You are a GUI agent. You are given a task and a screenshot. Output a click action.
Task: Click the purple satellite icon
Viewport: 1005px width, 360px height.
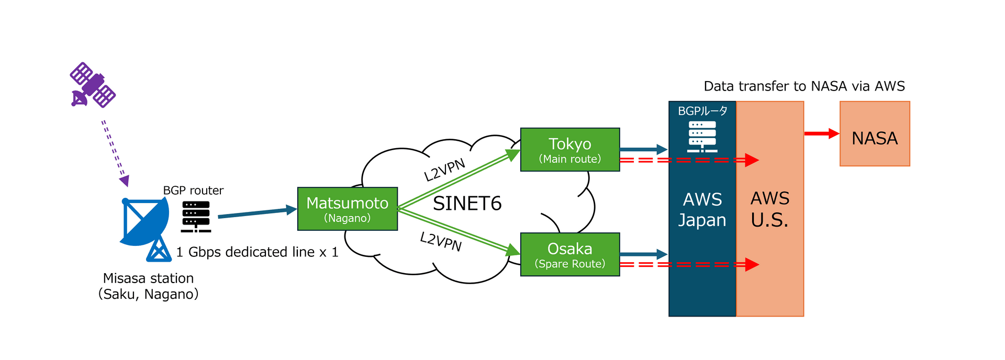[93, 85]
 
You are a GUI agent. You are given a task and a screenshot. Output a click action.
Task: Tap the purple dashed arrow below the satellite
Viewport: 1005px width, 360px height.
[115, 152]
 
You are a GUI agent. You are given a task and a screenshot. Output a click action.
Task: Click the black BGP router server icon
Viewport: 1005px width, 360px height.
[196, 216]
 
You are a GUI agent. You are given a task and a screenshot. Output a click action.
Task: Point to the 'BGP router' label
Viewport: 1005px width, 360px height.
[193, 190]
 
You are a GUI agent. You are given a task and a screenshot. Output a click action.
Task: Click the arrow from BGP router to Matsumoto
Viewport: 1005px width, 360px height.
[256, 212]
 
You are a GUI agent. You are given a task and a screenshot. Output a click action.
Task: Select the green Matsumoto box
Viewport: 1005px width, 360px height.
[347, 209]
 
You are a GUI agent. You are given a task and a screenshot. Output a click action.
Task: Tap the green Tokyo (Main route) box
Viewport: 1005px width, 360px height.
[569, 150]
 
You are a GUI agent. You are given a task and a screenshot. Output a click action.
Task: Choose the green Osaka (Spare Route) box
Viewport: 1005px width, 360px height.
[569, 254]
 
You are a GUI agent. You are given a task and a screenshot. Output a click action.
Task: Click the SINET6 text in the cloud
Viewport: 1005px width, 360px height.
[467, 203]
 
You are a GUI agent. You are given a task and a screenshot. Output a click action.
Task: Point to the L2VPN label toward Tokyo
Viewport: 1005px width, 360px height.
[444, 170]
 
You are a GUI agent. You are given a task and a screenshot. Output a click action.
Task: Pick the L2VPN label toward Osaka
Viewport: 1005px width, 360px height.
[441, 241]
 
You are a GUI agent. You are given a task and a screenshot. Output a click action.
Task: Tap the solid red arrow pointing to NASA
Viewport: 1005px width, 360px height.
[821, 134]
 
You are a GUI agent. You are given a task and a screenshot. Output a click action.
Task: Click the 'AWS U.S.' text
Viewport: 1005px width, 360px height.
[769, 209]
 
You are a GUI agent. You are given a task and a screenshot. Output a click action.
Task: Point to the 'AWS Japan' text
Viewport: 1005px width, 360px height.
[702, 209]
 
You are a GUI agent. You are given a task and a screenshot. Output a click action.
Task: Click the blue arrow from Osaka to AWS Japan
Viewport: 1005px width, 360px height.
[643, 254]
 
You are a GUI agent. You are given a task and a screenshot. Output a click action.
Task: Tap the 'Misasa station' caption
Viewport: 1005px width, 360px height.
[148, 278]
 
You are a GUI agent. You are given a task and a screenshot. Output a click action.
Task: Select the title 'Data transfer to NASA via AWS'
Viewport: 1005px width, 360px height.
[803, 86]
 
